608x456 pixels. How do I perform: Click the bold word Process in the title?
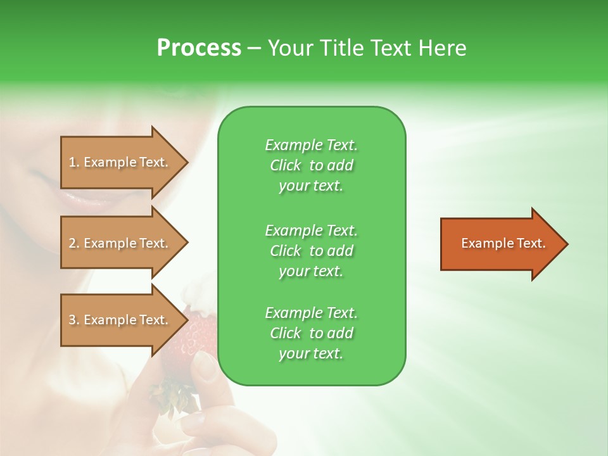click(x=199, y=48)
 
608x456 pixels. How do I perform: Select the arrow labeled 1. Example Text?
click(x=120, y=162)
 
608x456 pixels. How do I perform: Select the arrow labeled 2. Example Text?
click(x=120, y=243)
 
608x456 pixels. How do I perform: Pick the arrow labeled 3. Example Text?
click(x=120, y=320)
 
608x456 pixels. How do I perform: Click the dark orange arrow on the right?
click(x=500, y=244)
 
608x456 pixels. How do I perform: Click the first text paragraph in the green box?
click(x=311, y=165)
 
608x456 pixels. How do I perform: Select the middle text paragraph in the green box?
click(x=311, y=250)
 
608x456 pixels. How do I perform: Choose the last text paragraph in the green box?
click(x=311, y=333)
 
